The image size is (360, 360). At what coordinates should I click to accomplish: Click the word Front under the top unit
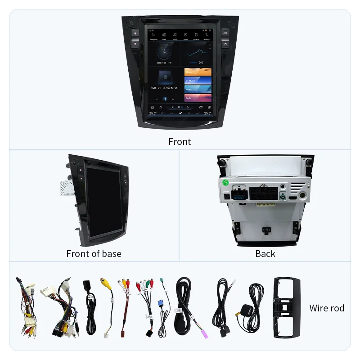coord(180,142)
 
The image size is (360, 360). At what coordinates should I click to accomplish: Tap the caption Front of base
coord(94,254)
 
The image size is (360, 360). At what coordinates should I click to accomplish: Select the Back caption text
coord(265,254)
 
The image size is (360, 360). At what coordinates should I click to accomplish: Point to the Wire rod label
coord(327,308)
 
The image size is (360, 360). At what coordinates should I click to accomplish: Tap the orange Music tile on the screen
coord(198,72)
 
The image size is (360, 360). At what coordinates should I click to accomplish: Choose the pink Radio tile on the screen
coord(198,98)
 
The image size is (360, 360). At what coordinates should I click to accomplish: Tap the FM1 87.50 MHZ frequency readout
coord(164,88)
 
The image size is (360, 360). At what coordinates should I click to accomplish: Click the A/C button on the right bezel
coord(225,33)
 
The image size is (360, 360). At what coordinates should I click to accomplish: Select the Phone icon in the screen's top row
coord(207,35)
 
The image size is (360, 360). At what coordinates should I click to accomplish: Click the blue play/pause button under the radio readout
coord(165,99)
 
